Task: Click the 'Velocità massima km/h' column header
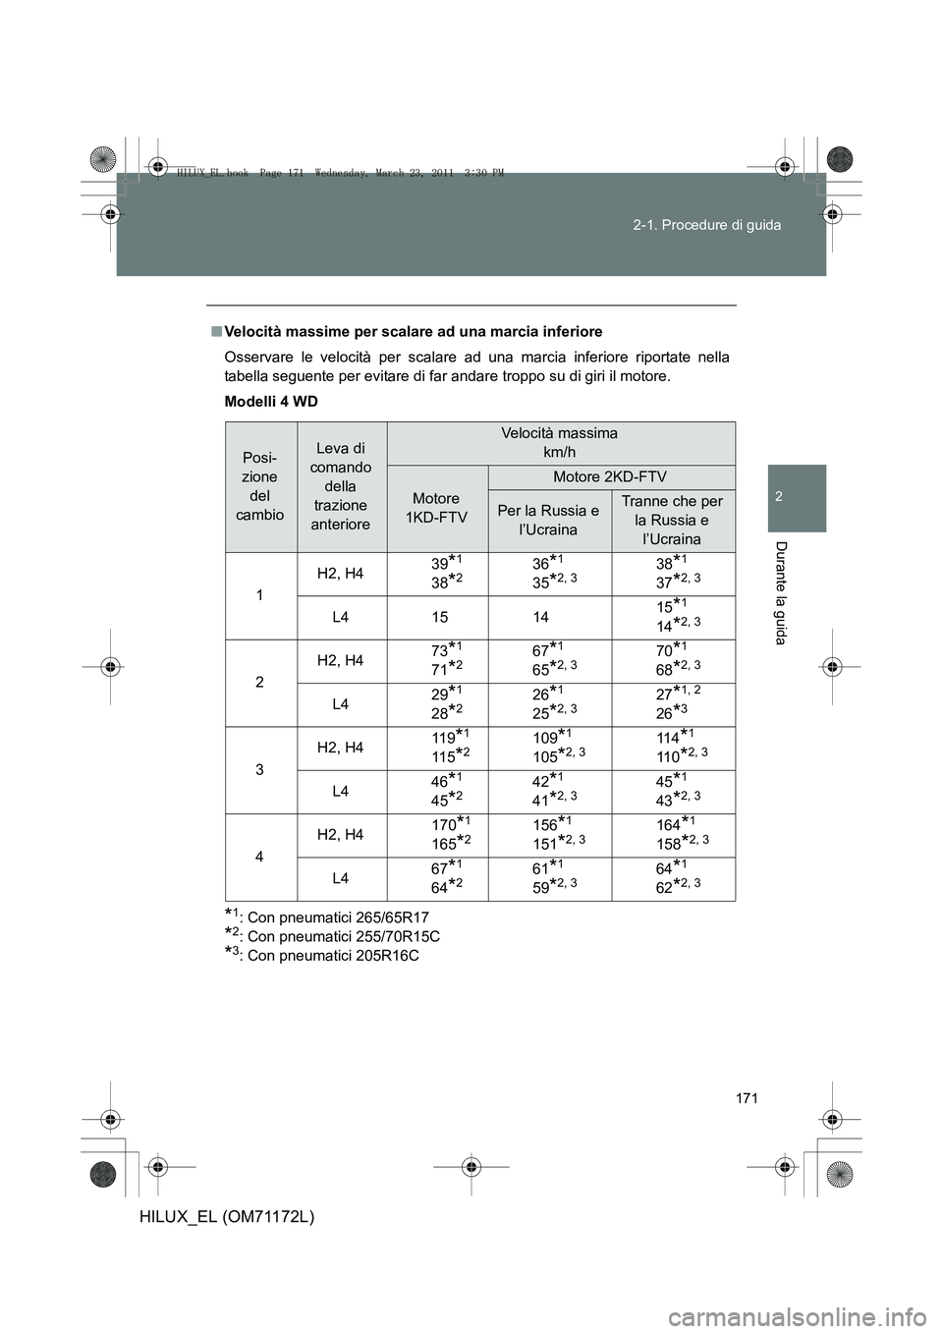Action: pos(559,442)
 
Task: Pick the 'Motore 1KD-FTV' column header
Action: pos(437,508)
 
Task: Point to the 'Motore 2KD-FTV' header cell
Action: pos(609,476)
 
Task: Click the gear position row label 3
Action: pos(259,769)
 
